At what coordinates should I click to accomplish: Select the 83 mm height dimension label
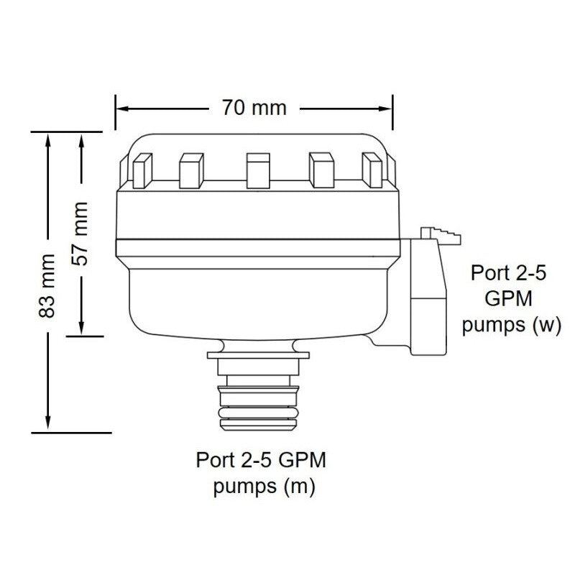[47, 286]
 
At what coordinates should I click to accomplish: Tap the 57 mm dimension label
[83, 234]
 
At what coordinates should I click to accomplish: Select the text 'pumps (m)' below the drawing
[264, 486]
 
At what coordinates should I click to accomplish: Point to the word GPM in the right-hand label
[511, 298]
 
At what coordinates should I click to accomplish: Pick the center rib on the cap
[256, 170]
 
